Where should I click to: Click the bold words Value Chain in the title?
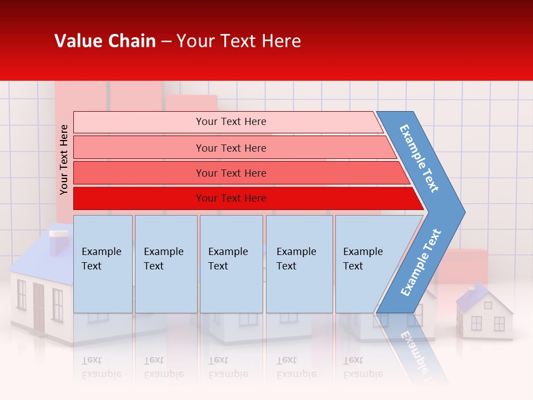click(105, 41)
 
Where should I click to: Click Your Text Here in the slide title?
click(239, 41)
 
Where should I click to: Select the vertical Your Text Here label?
click(64, 159)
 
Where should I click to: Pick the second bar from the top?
click(230, 148)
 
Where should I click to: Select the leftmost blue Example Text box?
click(103, 264)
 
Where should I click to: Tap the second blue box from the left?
click(165, 264)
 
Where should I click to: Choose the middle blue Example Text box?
click(231, 264)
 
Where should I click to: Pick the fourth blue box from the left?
click(299, 264)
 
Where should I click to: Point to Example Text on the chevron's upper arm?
click(419, 158)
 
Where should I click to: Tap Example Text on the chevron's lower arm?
click(420, 263)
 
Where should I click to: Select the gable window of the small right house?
click(487, 305)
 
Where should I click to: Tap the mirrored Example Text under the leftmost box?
click(101, 367)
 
